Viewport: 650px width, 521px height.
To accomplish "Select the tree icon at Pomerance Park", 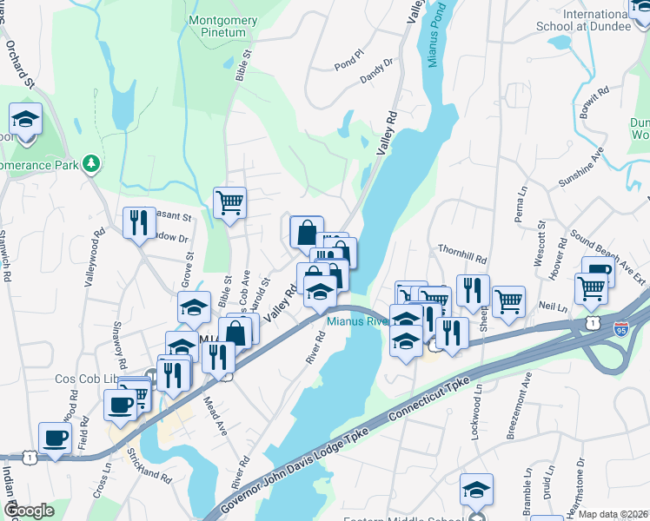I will tap(90, 163).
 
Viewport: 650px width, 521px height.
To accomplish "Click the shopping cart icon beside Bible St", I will tap(229, 203).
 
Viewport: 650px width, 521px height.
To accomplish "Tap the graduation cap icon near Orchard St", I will tap(26, 119).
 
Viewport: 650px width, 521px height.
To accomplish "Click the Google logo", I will tap(28, 511).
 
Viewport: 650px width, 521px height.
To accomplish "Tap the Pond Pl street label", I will tap(347, 63).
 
